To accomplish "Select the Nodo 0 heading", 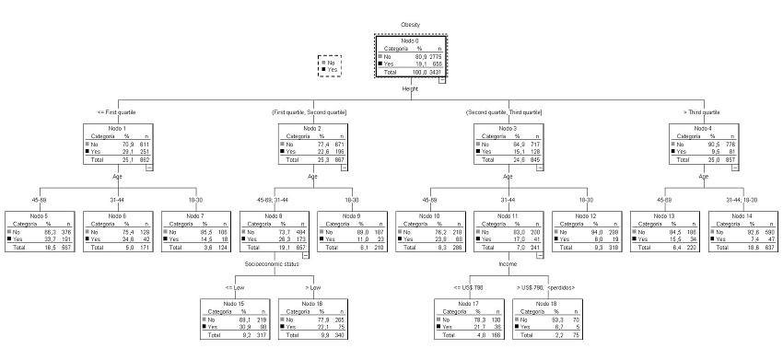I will [x=410, y=41].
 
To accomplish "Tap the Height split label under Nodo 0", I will [x=410, y=88].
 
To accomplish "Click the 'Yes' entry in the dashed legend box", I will [x=333, y=69].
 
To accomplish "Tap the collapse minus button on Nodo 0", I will [x=442, y=80].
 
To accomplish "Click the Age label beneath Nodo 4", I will [x=704, y=175].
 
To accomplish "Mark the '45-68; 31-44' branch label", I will [x=273, y=199].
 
